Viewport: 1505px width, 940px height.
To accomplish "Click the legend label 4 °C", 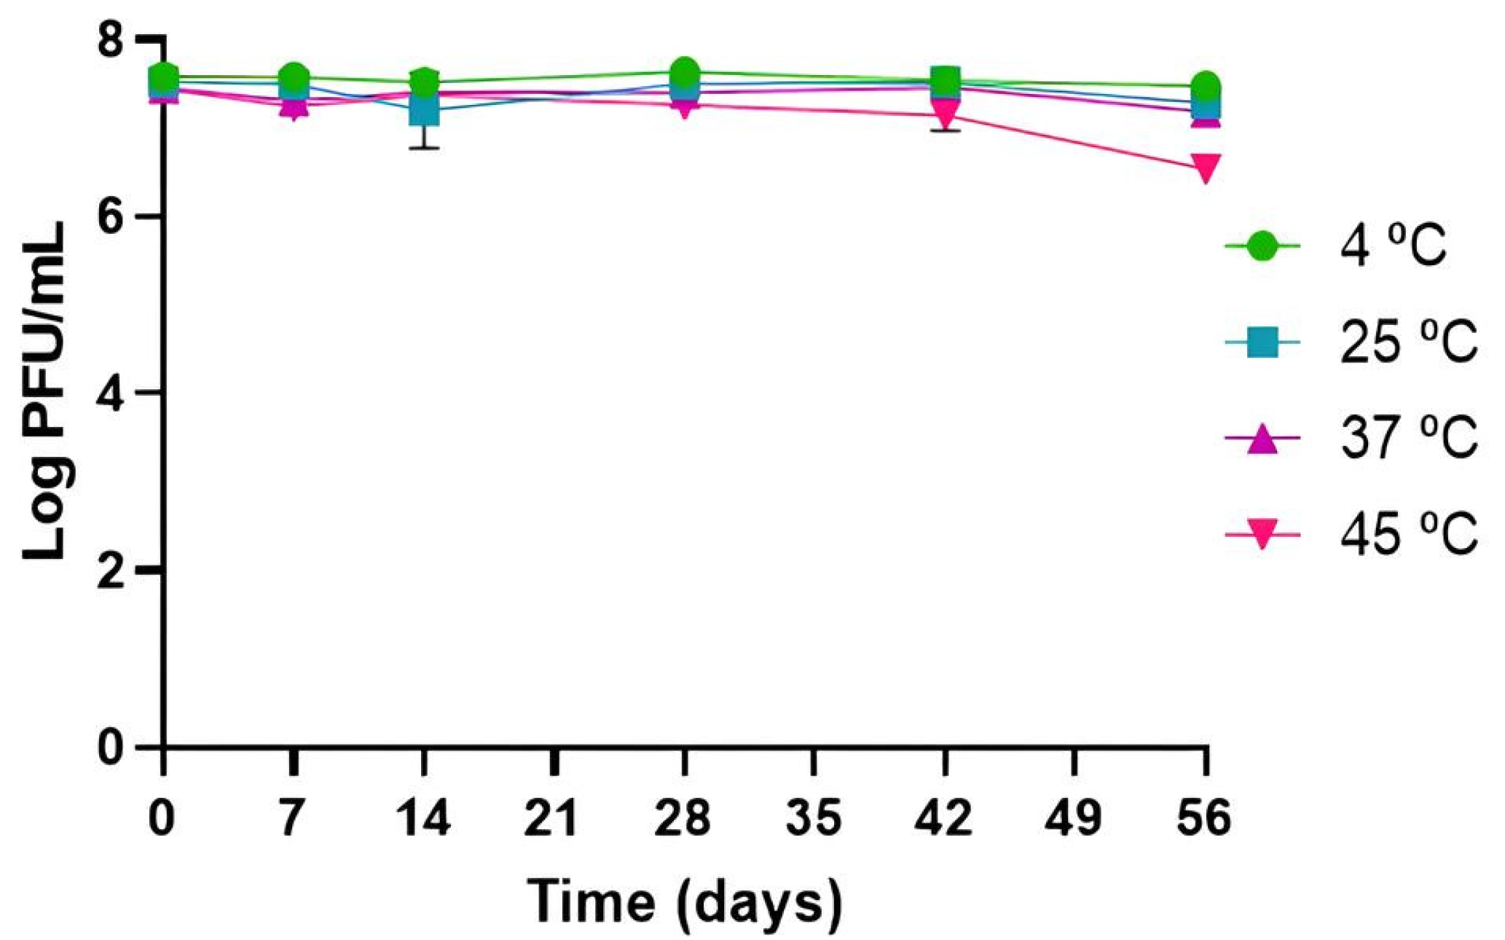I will [1392, 246].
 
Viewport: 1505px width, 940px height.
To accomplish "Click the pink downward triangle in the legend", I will [1262, 534].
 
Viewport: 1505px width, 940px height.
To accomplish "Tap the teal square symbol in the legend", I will [1262, 342].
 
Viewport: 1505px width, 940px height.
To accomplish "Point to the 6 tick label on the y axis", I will [109, 216].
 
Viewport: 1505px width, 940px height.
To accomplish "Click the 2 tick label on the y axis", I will [109, 571].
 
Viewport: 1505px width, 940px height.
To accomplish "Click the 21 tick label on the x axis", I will [552, 818].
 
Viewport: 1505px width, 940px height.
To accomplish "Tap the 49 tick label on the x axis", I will [1074, 818].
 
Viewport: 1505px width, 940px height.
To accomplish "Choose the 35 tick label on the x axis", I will [814, 818].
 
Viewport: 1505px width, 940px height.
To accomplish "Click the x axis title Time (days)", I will [684, 902].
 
